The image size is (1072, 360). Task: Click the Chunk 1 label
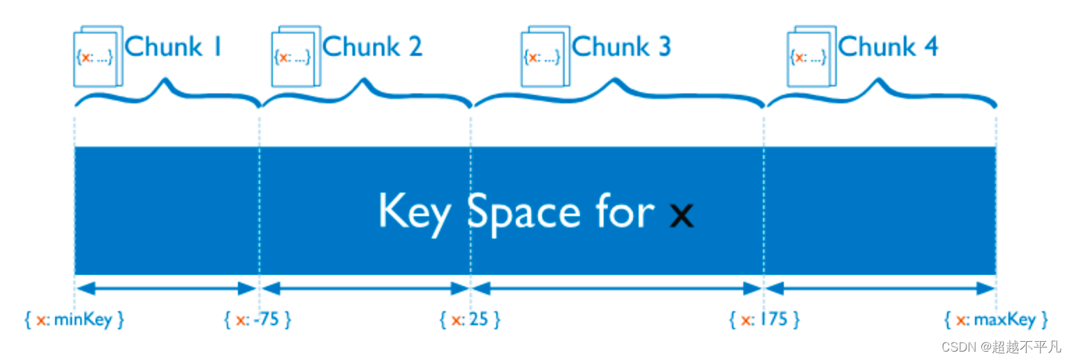tap(173, 47)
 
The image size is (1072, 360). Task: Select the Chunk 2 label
tap(373, 47)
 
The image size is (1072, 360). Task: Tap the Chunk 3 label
tap(621, 47)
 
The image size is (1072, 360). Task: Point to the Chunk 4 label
tap(888, 47)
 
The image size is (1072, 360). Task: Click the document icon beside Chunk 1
tap(98, 57)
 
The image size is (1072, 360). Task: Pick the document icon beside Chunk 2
tap(295, 57)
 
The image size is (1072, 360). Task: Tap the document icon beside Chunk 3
tap(545, 57)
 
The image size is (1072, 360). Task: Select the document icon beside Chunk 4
tap(811, 57)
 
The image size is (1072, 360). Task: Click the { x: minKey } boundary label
tap(74, 320)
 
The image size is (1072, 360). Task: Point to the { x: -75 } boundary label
tap(258, 320)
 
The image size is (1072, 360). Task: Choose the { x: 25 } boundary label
tap(470, 320)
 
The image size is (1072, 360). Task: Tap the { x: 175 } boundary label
tap(764, 320)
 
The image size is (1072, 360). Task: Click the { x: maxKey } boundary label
tap(996, 320)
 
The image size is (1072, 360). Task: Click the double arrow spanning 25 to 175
tap(617, 288)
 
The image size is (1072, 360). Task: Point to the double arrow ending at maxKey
tap(880, 288)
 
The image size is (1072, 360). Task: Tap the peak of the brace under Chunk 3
tap(614, 82)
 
